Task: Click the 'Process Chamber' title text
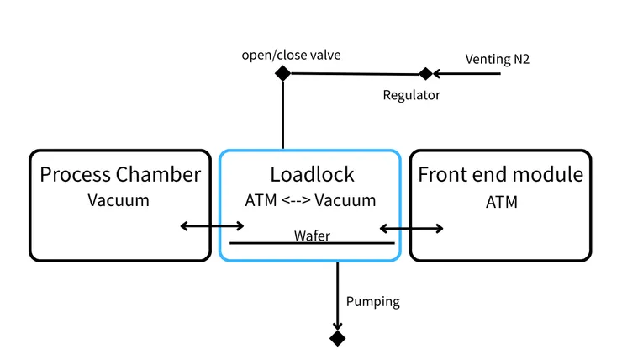120,175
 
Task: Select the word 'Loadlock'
312,175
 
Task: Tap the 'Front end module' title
500,175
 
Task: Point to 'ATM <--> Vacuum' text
310,202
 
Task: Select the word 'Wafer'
311,236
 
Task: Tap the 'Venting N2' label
497,59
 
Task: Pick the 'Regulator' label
411,95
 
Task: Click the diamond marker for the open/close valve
282,73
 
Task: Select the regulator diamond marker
426,73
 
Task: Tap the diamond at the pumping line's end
337,338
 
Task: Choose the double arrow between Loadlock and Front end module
412,227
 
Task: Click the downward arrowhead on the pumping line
337,326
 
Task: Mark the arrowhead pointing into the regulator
438,73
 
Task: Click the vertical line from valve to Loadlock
282,114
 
